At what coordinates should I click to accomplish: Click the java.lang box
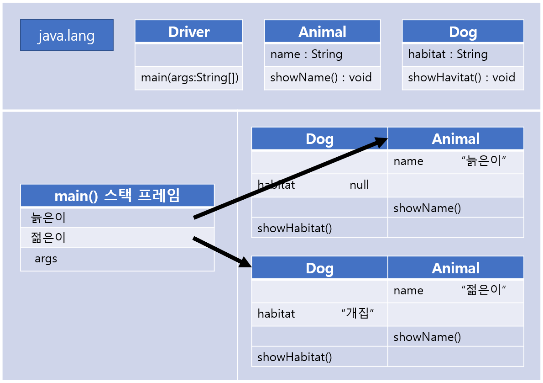pos(67,35)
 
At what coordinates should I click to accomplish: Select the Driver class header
pos(189,32)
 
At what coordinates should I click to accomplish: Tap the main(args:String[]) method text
pos(189,78)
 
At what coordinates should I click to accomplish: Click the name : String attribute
pos(306,54)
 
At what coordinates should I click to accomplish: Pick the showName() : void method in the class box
pos(321,78)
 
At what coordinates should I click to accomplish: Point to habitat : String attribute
pos(448,54)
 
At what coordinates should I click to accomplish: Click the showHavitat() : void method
pos(461,78)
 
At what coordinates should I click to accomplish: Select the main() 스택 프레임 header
pos(117,196)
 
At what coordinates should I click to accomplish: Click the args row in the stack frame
pos(46,259)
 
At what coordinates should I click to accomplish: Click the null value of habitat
pos(359,185)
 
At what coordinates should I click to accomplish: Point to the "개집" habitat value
pos(358,314)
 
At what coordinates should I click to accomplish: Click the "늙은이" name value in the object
pos(484,161)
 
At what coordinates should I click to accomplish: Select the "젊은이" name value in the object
pos(484,290)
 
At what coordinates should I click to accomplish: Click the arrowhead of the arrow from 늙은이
pos(381,142)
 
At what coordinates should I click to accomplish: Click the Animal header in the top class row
pos(322,32)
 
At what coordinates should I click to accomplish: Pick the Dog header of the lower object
pos(319,268)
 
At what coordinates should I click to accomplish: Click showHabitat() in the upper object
pos(294,228)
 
